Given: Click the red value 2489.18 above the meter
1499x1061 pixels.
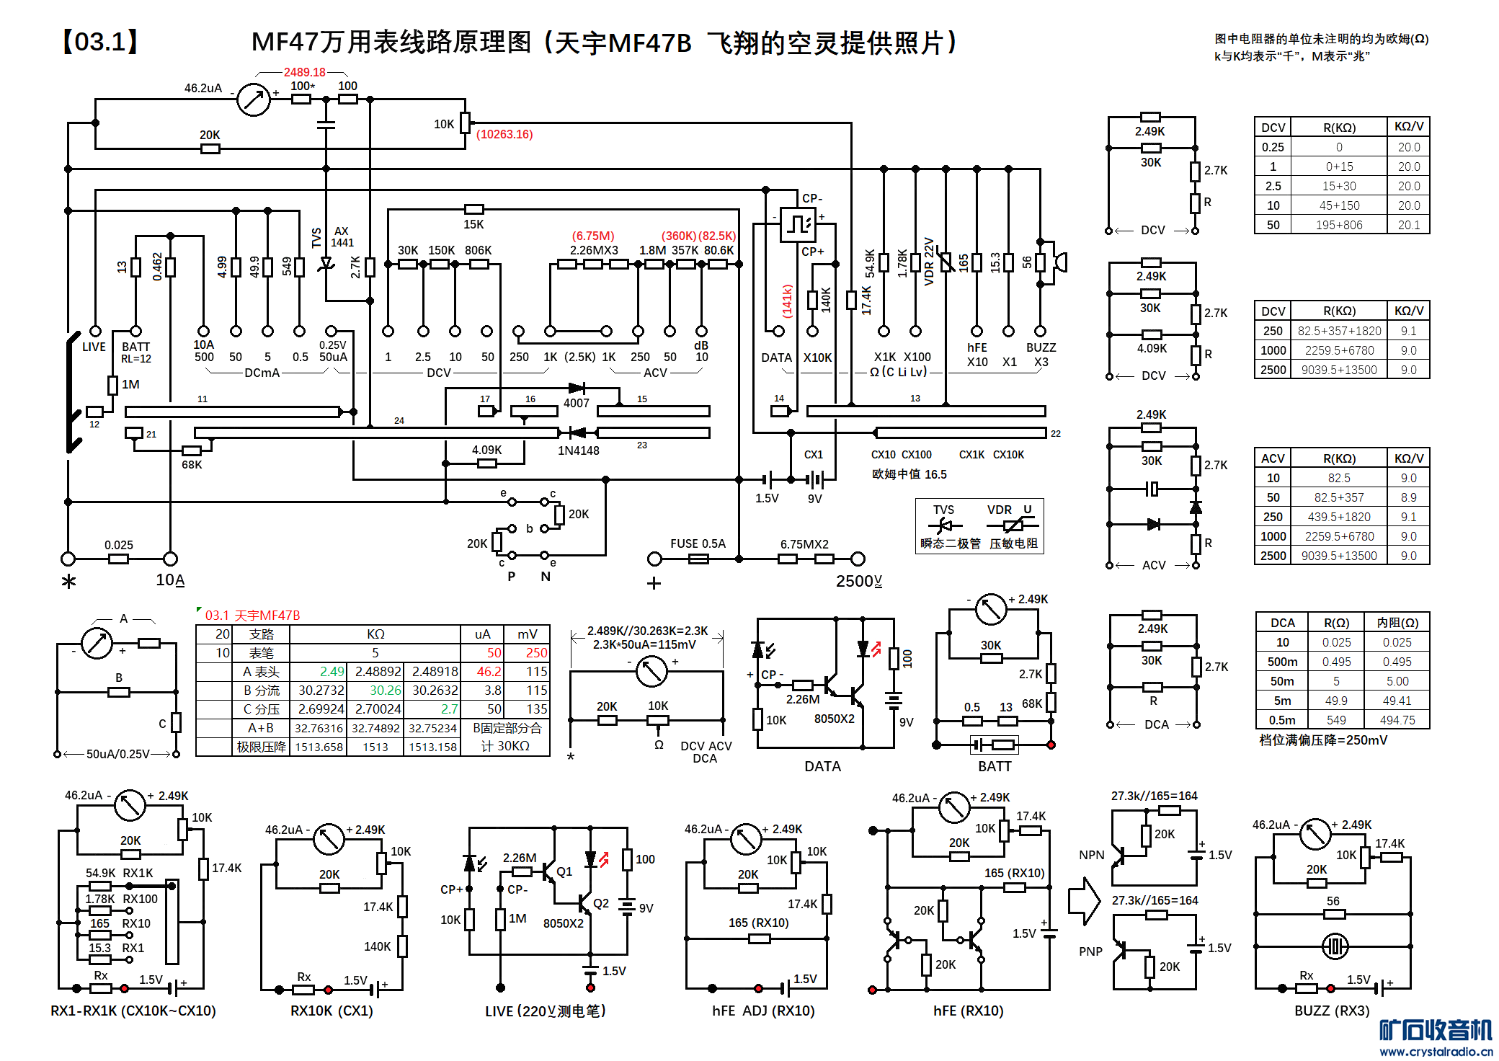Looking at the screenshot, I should pos(304,72).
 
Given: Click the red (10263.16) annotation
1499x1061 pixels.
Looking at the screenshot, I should pos(504,134).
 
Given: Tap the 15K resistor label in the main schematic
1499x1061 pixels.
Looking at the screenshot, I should pos(473,224).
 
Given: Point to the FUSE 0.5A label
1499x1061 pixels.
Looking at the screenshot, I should pos(698,543).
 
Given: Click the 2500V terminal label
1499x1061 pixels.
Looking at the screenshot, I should pos(858,581).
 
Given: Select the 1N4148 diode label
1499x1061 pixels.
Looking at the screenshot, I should pos(578,450).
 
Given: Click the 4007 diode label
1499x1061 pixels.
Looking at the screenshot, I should pos(576,403).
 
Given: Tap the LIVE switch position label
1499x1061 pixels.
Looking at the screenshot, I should pos(94,347).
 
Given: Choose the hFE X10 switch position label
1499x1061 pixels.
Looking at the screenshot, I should pos(977,355).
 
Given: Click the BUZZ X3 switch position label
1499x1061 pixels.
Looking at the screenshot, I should pos(1041,355).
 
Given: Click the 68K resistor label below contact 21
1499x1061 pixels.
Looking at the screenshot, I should pos(192,465).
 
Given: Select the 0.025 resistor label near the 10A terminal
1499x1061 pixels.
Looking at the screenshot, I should pos(119,545).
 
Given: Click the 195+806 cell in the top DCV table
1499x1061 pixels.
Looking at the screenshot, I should pos(1339,225).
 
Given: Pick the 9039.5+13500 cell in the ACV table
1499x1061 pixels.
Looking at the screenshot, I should pos(1339,556).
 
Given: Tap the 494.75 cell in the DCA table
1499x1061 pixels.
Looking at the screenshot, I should pos(1397,720).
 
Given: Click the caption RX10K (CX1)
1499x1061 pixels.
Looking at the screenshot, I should pos(332,1011).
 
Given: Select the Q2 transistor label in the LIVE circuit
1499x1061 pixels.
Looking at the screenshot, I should pos(601,903).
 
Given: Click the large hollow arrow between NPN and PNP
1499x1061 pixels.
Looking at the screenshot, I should pos(1084,900).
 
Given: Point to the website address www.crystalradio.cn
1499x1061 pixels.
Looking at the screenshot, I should pos(1436,1051).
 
